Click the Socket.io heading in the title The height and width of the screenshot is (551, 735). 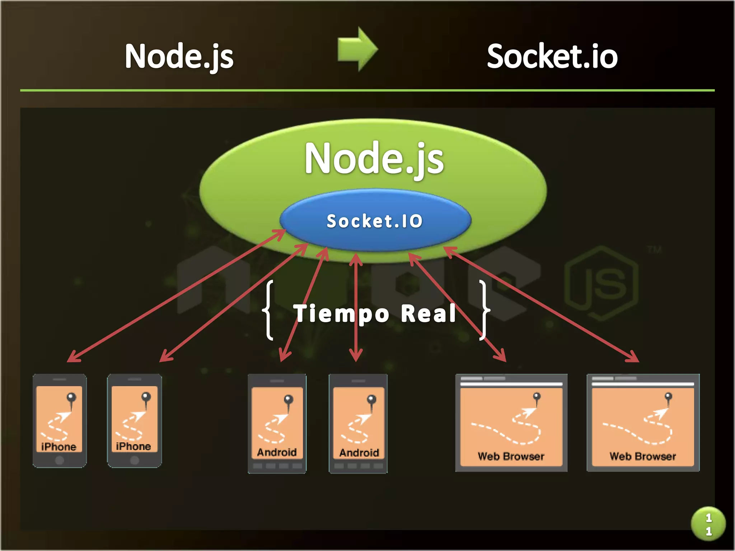[552, 56]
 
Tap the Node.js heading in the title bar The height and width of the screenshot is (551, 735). [179, 56]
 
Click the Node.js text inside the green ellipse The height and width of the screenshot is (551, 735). [374, 158]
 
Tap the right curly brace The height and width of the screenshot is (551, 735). [484, 310]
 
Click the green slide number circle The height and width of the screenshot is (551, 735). [708, 524]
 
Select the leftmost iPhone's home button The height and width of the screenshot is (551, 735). [60, 460]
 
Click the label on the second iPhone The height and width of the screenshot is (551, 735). [134, 446]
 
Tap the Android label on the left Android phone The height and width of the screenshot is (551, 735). [277, 452]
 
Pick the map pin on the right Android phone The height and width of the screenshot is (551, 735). [371, 400]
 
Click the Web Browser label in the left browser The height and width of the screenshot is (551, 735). [511, 456]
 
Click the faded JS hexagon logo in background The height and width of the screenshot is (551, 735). [602, 283]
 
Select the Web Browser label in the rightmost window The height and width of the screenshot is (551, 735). [643, 456]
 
